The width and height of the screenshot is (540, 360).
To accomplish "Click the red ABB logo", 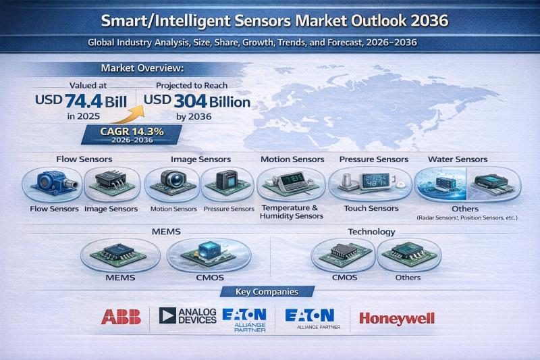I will tap(121, 316).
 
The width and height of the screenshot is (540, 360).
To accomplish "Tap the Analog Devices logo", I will tap(188, 315).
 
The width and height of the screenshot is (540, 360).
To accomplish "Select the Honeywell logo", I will tap(397, 318).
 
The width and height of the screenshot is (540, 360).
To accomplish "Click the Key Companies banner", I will tap(269, 292).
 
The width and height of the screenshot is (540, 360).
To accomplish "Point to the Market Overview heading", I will tap(142, 68).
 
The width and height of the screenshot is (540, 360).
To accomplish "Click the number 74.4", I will tap(90, 102).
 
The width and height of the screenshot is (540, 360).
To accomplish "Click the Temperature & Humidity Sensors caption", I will tap(292, 211).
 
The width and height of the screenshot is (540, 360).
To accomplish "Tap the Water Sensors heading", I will tap(458, 159).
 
